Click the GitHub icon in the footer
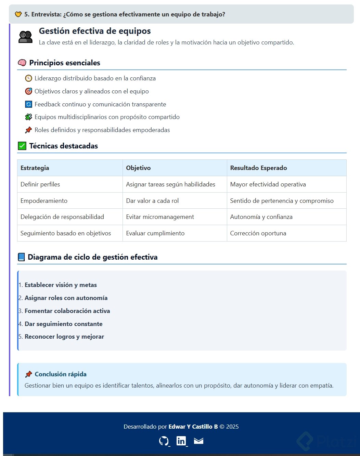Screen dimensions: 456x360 coord(164,441)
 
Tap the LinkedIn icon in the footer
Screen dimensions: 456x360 coord(181,441)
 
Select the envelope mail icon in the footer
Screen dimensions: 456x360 coord(198,441)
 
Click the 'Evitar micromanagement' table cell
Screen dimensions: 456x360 coord(160,217)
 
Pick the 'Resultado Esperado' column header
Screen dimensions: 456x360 coord(258,168)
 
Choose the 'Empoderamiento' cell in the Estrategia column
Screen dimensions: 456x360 coord(44,201)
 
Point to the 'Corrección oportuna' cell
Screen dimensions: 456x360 coord(258,233)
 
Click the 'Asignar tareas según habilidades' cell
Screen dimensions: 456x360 coord(170,184)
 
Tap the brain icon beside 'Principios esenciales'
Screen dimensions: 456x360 coord(22,63)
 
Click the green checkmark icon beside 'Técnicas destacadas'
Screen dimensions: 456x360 coord(22,146)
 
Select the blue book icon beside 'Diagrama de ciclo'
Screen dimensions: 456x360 coord(21,257)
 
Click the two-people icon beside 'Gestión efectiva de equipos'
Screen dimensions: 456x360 coord(25,37)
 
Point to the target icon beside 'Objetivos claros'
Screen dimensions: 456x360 coord(29,91)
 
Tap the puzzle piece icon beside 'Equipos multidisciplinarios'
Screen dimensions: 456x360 coord(29,117)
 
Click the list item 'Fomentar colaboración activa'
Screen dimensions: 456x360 coord(67,311)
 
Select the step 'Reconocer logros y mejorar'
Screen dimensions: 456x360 coord(64,337)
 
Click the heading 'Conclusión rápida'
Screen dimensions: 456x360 coord(61,374)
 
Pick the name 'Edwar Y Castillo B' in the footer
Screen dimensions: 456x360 coord(193,427)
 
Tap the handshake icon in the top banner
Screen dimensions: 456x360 coord(18,14)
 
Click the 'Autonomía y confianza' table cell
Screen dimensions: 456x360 coord(261,217)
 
